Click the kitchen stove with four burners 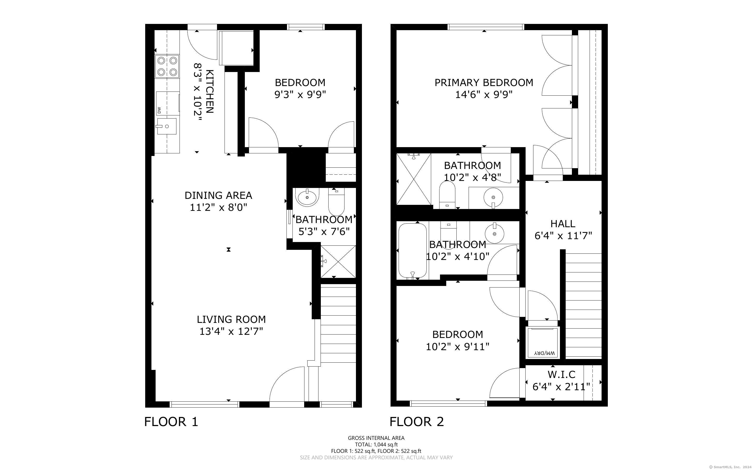(x=167, y=66)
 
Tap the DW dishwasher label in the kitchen (x=159, y=110)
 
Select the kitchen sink (x=167, y=126)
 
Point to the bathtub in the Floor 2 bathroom (x=412, y=251)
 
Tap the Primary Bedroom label (x=484, y=82)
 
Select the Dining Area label (x=218, y=195)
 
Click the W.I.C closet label (x=561, y=374)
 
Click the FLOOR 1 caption (x=171, y=422)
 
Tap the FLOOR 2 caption (x=417, y=422)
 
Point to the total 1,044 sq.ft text (x=376, y=445)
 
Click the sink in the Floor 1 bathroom (x=307, y=197)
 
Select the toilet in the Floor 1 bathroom (x=336, y=200)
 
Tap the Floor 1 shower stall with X (x=338, y=262)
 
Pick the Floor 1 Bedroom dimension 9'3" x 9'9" (x=300, y=94)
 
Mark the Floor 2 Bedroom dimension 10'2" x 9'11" (x=457, y=346)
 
